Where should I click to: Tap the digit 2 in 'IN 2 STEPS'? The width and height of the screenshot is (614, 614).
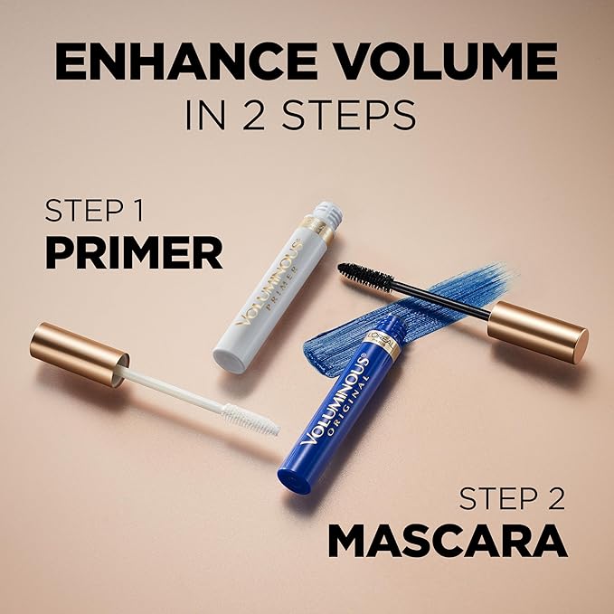265,117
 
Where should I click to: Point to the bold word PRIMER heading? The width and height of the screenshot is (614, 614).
133,254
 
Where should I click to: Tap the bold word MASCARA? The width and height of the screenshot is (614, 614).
447,541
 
